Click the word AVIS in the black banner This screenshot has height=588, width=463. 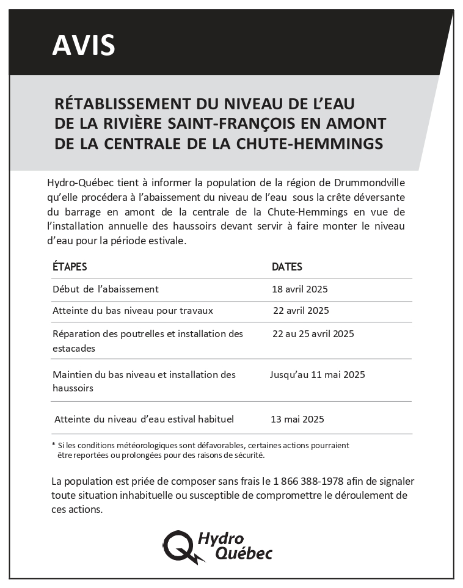coord(84,45)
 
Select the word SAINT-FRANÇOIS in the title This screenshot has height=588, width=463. coord(224,123)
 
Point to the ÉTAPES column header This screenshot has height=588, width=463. coord(70,267)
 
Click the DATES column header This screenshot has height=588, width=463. coord(287,267)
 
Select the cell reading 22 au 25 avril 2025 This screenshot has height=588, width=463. coord(313,333)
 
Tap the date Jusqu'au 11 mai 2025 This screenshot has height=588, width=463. coord(318,374)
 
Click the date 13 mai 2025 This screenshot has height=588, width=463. coord(297,419)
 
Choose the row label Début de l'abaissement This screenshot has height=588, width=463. coord(106,289)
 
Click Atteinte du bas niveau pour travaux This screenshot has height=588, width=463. coord(133,310)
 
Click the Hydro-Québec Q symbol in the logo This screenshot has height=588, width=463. coord(180,545)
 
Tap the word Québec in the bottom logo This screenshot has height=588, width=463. coord(244,553)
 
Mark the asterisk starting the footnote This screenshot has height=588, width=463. coord(54,445)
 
